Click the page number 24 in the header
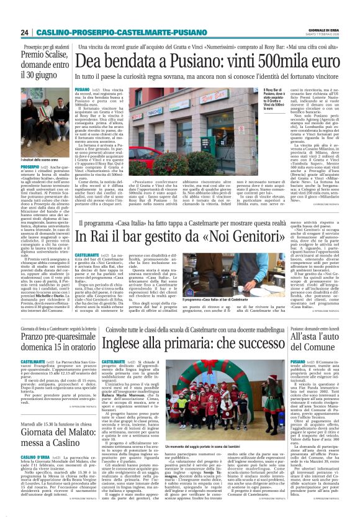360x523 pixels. pyautogui.click(x=24, y=32)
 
